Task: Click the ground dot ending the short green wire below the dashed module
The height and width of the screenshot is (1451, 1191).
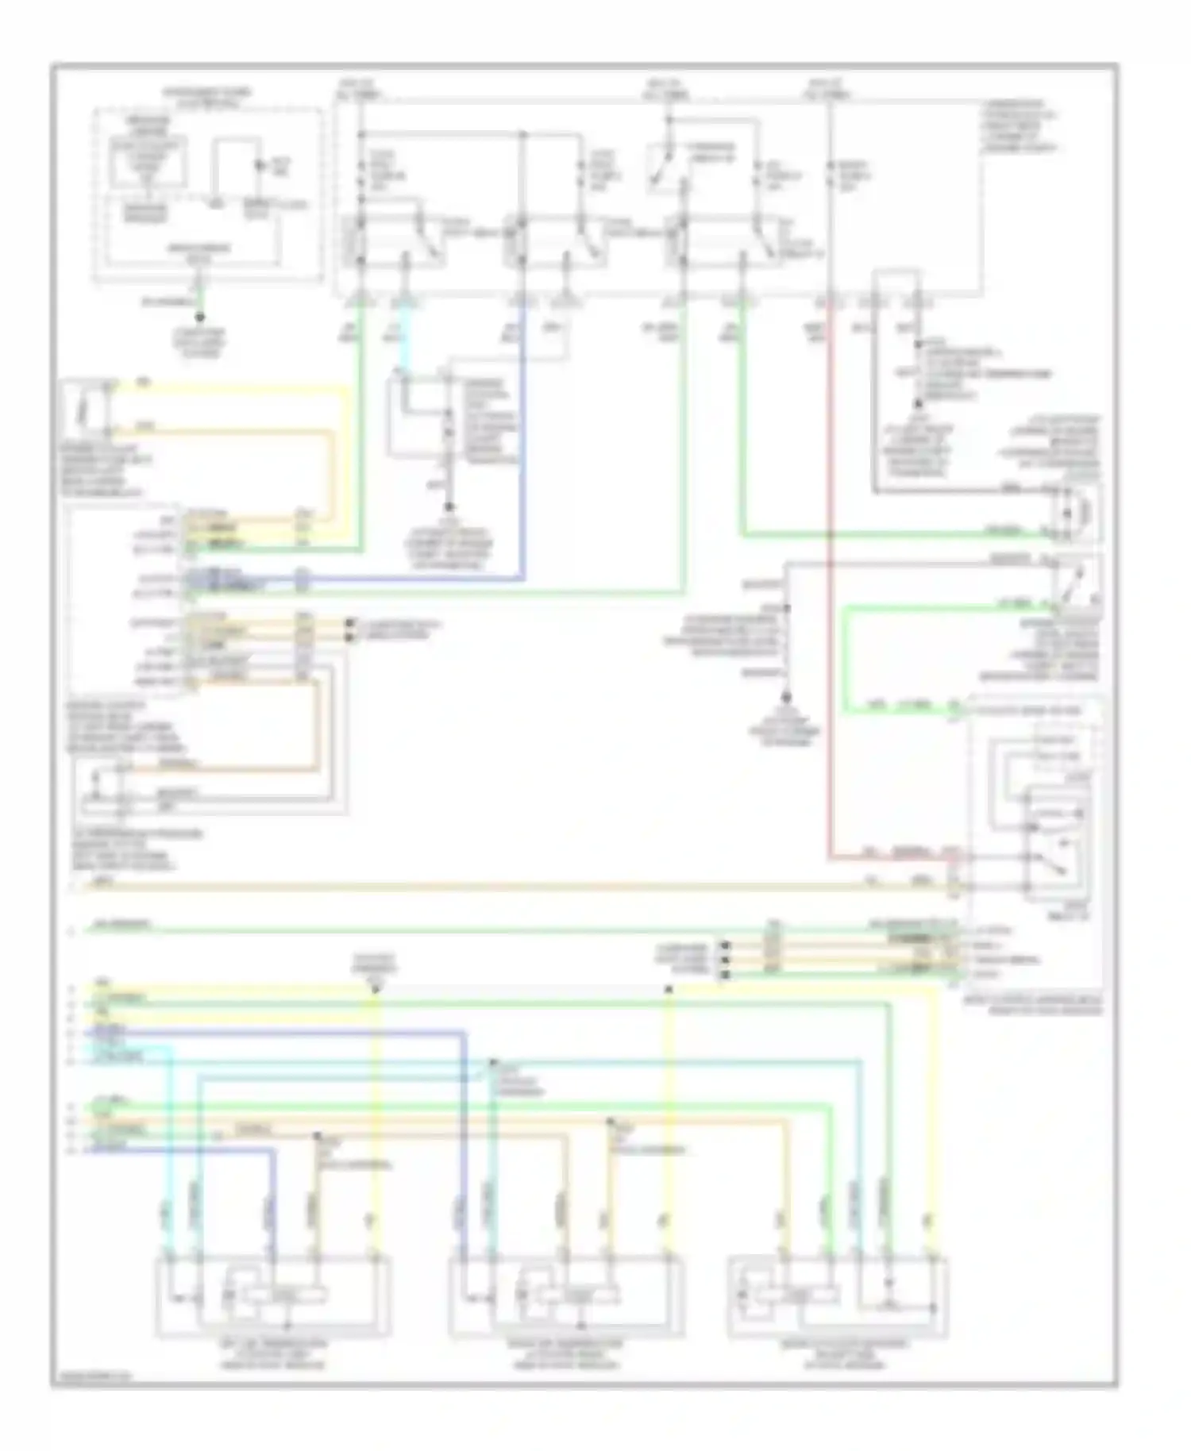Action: (199, 317)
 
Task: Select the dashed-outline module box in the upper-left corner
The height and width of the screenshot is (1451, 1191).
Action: (208, 194)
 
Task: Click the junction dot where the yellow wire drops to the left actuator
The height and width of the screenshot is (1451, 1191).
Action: (376, 989)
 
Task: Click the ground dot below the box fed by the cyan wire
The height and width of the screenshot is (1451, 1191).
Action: (449, 506)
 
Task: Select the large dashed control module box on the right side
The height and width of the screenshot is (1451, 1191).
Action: (1035, 841)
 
